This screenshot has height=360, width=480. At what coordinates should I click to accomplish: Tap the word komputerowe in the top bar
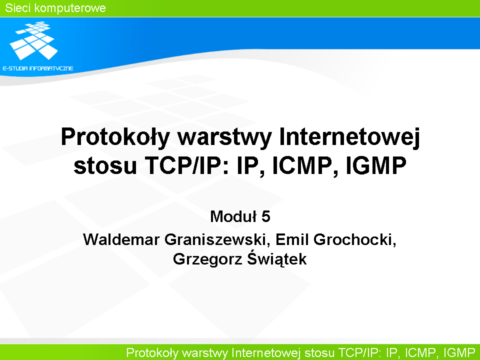click(x=70, y=8)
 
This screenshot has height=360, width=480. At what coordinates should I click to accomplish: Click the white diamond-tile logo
click(x=33, y=40)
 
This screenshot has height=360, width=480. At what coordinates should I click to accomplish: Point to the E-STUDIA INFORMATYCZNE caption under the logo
click(x=38, y=68)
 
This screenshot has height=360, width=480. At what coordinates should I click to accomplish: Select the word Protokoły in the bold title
click(x=115, y=137)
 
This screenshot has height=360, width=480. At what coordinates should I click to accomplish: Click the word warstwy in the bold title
click(x=224, y=137)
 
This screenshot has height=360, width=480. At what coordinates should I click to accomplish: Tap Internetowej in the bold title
click(x=349, y=137)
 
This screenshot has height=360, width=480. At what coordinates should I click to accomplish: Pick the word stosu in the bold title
click(x=105, y=165)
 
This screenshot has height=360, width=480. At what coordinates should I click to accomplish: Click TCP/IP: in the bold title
click(x=186, y=165)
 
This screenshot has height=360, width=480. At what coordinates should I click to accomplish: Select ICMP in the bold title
click(x=302, y=165)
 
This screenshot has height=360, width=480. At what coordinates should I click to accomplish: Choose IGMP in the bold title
click(x=376, y=165)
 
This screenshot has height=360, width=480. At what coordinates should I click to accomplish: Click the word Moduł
click(x=233, y=216)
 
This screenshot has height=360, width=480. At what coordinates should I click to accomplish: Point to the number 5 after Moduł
click(x=265, y=216)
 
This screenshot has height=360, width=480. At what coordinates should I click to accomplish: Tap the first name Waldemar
click(x=121, y=239)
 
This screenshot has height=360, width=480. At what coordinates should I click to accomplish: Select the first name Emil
click(x=292, y=239)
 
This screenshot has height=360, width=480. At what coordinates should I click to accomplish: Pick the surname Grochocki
click(x=354, y=239)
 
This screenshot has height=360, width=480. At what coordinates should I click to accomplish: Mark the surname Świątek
click(x=277, y=258)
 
